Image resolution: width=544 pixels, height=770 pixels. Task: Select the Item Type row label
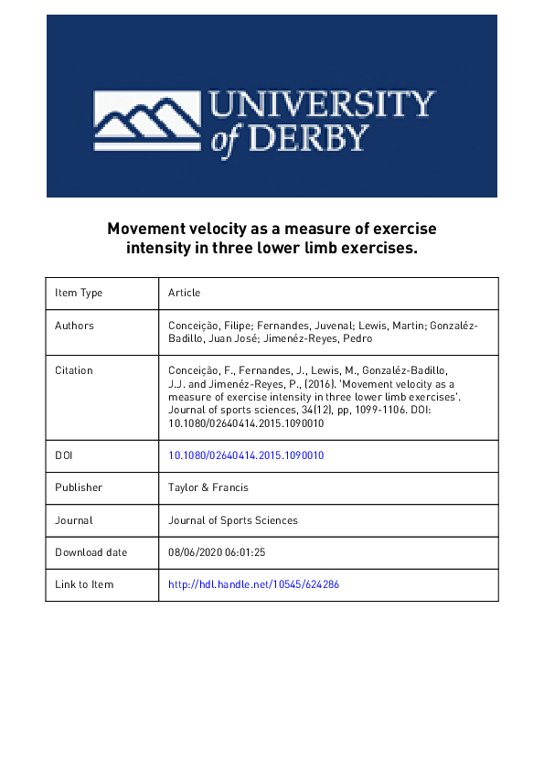click(x=79, y=293)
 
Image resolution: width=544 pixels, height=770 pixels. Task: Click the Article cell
click(x=184, y=293)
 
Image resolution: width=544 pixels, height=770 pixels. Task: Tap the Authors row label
click(x=74, y=325)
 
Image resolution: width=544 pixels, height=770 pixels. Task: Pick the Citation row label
click(x=74, y=370)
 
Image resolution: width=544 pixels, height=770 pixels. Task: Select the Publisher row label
click(x=79, y=487)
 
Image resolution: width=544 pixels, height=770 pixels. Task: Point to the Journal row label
click(x=73, y=520)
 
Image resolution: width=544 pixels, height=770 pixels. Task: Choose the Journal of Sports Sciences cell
click(x=233, y=520)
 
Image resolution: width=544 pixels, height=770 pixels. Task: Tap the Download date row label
click(x=91, y=552)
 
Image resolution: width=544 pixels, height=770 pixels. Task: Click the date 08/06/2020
click(x=197, y=552)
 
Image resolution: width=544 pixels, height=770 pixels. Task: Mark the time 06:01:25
click(x=246, y=552)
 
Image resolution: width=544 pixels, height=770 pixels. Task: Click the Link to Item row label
click(x=84, y=584)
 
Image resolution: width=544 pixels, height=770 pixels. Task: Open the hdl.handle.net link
click(x=254, y=584)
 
